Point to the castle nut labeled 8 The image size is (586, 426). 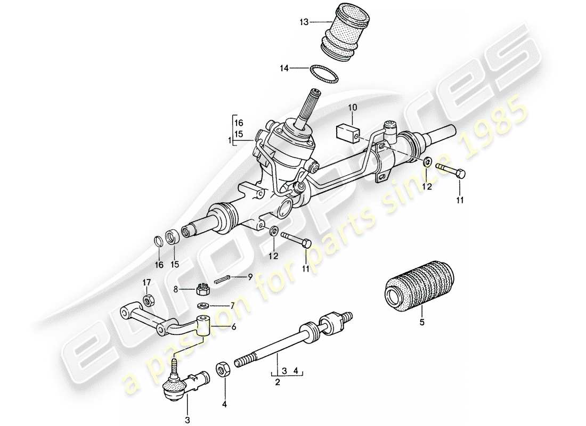pyautogui.click(x=202, y=290)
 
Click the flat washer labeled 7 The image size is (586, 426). pyautogui.click(x=202, y=306)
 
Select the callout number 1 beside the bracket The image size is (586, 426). pyautogui.click(x=229, y=141)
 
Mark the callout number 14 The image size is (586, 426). pyautogui.click(x=284, y=68)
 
